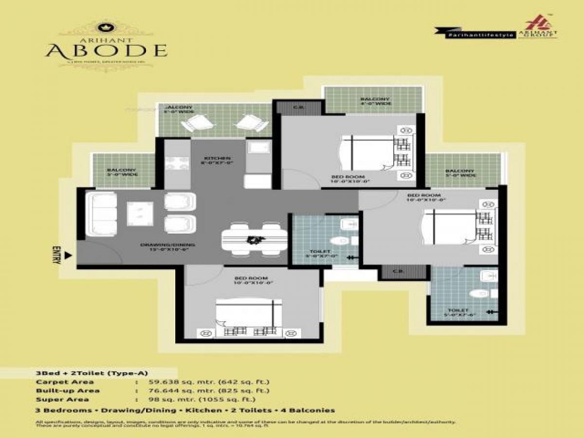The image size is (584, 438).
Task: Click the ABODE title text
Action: click(106, 51)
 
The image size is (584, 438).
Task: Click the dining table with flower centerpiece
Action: click(254, 239)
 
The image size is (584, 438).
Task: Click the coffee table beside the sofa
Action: click(140, 213)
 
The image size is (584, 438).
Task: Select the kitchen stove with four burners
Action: click(173, 163)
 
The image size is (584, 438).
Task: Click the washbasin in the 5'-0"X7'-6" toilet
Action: click(488, 276)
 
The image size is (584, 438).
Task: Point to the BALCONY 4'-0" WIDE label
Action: click(375, 101)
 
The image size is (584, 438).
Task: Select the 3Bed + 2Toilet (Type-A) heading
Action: click(78, 373)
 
